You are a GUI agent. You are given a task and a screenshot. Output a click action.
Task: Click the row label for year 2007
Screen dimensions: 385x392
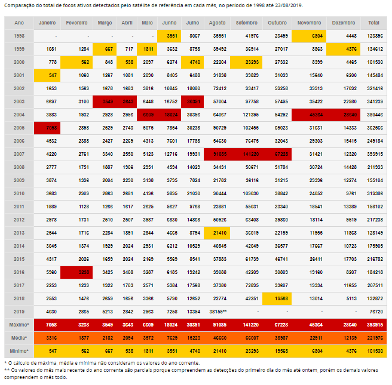(19, 153)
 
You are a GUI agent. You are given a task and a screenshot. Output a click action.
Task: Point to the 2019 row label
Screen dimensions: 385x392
(19, 311)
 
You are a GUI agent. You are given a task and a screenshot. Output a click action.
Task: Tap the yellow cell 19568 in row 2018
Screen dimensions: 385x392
(277, 298)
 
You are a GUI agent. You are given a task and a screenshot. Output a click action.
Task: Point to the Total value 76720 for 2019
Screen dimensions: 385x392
(373, 311)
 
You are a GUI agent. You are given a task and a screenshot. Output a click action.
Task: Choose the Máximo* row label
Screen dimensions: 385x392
(19, 324)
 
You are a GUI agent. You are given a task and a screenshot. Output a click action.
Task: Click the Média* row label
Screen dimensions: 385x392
(19, 337)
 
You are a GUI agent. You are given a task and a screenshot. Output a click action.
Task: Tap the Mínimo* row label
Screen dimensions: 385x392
(19, 350)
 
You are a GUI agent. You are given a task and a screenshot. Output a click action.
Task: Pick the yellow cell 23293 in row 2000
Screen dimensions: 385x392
(247, 61)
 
